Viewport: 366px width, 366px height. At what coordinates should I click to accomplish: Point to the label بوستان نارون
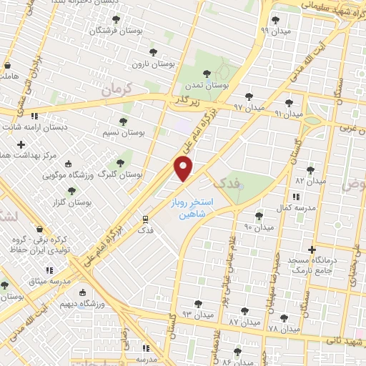tap(159, 64)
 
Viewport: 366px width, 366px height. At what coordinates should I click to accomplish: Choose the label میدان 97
tap(248, 107)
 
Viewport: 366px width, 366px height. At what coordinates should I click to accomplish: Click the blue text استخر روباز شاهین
tap(189, 208)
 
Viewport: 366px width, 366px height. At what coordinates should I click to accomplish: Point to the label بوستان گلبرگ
tap(117, 174)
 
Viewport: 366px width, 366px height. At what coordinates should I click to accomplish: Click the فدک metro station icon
tap(145, 219)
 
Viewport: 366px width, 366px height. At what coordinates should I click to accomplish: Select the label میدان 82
tap(310, 181)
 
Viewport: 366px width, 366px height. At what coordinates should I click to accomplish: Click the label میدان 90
tap(259, 227)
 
